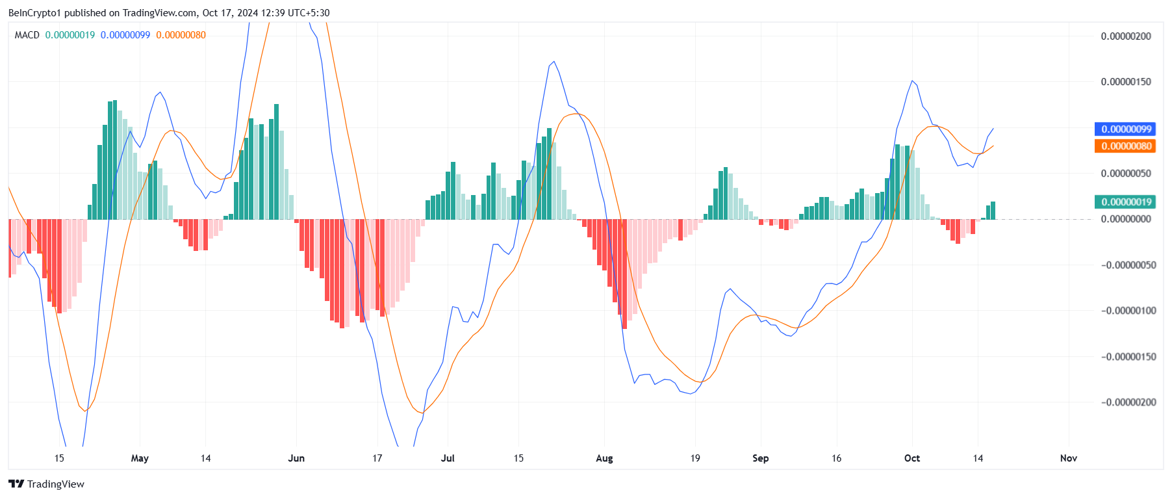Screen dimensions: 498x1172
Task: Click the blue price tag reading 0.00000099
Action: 1126,129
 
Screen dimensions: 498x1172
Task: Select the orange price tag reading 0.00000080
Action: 1126,146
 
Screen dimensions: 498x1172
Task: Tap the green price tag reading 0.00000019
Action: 1126,202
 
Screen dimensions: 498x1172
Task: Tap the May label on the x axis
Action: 140,458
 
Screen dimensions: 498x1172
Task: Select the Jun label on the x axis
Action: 296,458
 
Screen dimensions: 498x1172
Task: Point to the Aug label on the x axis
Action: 604,458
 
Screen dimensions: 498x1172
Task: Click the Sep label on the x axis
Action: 761,458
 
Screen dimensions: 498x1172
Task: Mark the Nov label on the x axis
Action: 1069,458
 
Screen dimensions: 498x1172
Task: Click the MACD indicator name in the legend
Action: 27,35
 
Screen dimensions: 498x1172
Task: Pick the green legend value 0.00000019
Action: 70,35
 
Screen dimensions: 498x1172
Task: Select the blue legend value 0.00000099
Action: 125,35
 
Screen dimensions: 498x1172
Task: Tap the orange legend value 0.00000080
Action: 181,35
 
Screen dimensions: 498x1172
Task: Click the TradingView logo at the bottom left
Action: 46,484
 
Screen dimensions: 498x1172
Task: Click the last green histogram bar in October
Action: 993,211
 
